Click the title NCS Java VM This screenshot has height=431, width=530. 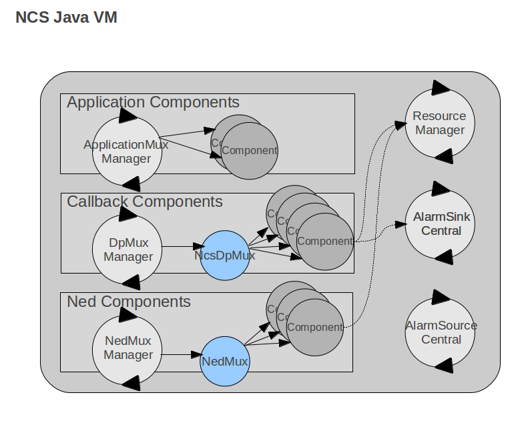coord(66,17)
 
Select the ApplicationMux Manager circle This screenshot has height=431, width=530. coord(127,151)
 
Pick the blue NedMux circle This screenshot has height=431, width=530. coord(225,362)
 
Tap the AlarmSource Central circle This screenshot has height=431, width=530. coord(440,332)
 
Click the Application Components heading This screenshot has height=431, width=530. coord(153,103)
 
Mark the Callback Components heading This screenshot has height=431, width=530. coord(145,201)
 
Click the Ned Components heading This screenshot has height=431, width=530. coord(129,302)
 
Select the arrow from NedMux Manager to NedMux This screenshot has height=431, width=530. coord(181,354)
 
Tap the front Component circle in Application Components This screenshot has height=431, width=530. coord(249,151)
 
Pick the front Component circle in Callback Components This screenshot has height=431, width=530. coord(325,242)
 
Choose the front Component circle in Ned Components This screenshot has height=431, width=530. coord(314,327)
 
